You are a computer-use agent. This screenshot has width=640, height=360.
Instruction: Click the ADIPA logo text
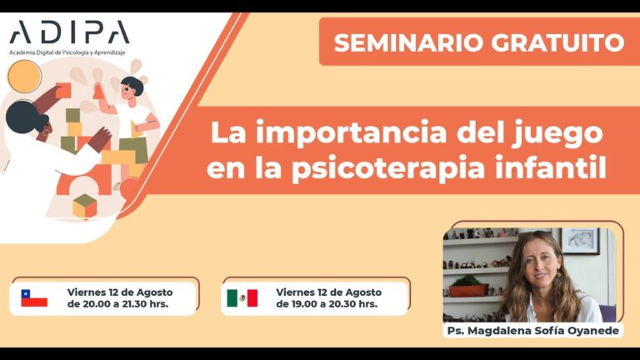pos(69,32)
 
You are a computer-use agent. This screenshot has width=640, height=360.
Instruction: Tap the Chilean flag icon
pos(34,298)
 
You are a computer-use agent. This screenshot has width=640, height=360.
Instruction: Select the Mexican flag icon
pos(242,298)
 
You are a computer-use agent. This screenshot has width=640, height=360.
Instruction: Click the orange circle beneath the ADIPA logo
pos(24,77)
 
